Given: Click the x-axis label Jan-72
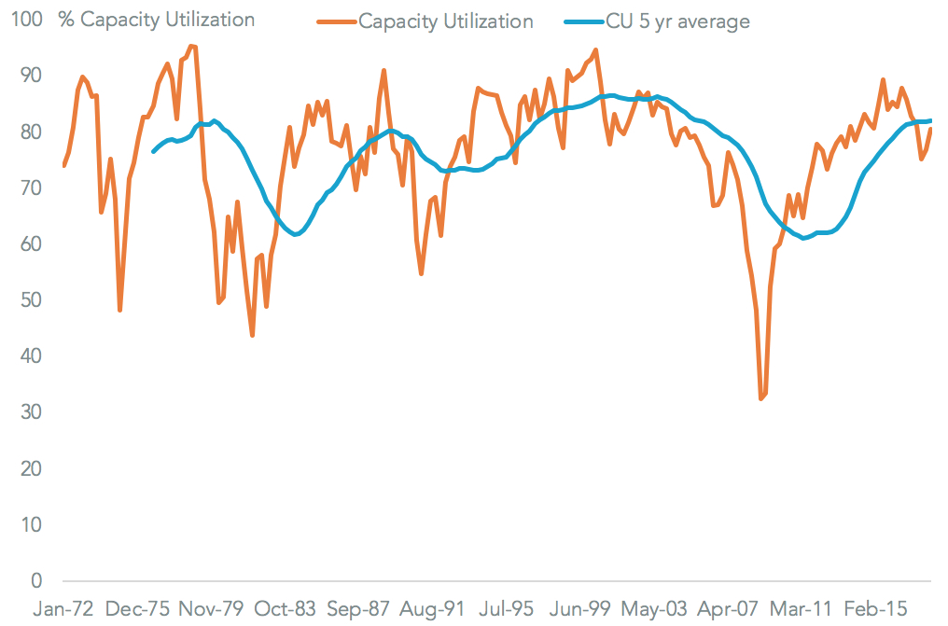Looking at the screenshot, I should click(63, 609).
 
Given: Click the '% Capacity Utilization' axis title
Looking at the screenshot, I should click(156, 20).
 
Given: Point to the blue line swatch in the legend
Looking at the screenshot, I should click(579, 21).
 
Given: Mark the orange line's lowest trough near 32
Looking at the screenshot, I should click(760, 399).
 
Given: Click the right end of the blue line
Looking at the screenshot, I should click(931, 120).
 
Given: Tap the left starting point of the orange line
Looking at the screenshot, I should click(63, 166).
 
